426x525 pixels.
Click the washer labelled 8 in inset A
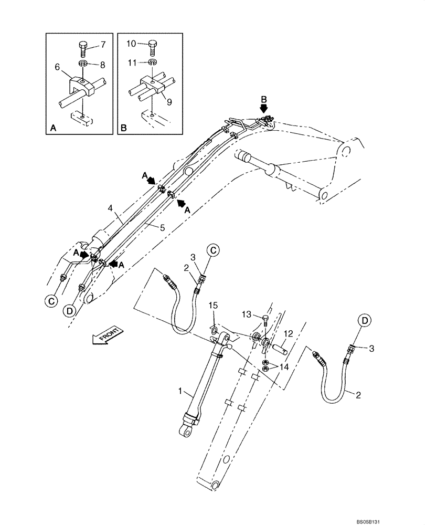coord(83,64)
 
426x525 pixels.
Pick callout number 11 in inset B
coord(133,62)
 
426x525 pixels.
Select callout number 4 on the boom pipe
coord(111,208)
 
